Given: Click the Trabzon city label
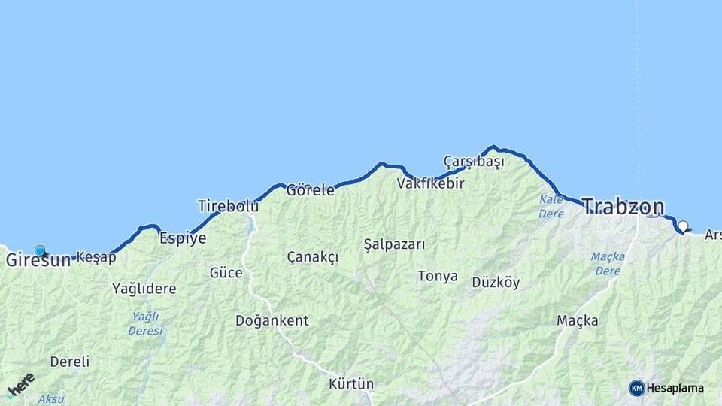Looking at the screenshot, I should coord(623,207).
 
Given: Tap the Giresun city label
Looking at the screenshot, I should coord(38,261).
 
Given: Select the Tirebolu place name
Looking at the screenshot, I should coord(228,205).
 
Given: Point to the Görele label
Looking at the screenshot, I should coord(310,190).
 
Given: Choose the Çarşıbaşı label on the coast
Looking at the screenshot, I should coord(474,161).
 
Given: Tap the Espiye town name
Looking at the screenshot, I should coord(183,238).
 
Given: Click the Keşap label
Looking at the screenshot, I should coord(97,257).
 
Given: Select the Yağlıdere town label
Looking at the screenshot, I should coord(144,288).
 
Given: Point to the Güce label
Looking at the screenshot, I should coord(226,272).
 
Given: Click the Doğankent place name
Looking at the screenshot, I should coord(272,320).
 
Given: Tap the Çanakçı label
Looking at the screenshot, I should coord(312,257).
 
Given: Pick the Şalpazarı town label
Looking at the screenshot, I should coord(394,244).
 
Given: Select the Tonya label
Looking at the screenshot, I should coord(438,276).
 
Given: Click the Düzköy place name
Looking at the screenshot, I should coord(496,283).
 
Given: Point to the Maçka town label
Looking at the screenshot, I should coord(577,321).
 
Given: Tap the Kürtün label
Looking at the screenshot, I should coord(350,384).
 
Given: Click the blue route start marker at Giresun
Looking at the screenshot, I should coord(40,251).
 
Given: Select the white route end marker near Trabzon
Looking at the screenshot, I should coord(683,226).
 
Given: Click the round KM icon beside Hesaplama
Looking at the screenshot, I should coord(637,388).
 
